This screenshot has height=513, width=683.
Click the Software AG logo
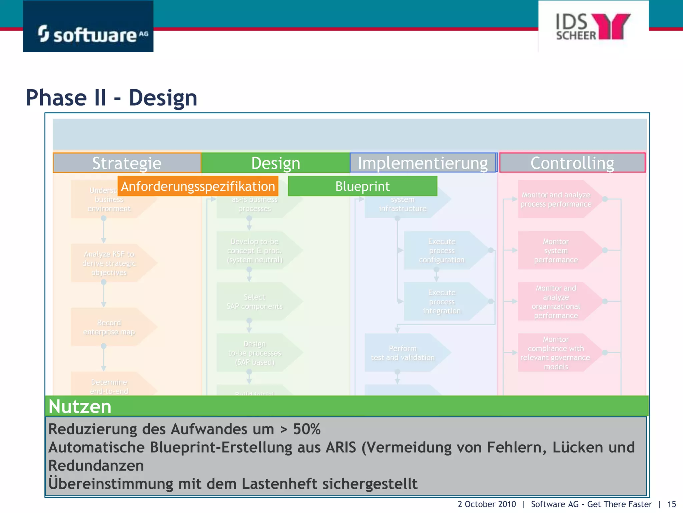88,27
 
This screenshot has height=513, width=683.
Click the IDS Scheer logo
593,27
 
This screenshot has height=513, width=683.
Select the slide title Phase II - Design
111,98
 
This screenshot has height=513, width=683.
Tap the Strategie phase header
127,163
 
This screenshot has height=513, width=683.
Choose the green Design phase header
275,163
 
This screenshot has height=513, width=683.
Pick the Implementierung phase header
423,163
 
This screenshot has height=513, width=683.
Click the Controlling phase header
572,163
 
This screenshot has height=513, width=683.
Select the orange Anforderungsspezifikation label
198,186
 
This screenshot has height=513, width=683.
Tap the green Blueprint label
363,186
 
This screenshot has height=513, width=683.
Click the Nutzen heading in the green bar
80,406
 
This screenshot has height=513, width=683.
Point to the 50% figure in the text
307,429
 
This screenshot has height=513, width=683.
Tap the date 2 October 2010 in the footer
487,504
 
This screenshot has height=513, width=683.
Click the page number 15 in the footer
671,504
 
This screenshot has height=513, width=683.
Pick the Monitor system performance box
556,250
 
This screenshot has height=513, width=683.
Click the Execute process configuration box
442,250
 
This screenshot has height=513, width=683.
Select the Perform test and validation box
403,353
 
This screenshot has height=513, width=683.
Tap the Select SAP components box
254,302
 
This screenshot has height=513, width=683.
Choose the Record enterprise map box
109,327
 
